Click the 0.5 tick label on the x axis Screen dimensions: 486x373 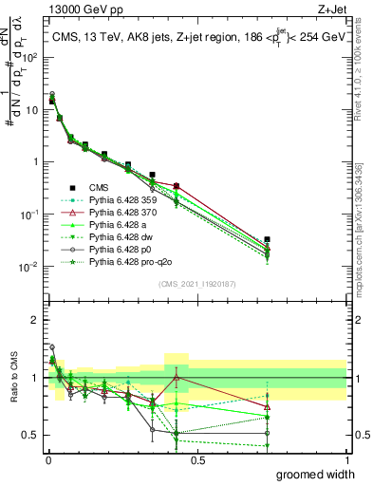(196, 459)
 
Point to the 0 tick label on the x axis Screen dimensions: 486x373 (47, 459)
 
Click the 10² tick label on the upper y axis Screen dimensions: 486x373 (29, 57)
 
